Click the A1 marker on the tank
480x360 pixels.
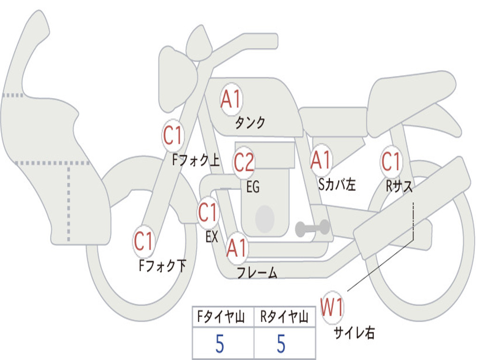[x=232, y=99]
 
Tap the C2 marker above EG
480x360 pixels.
[x=244, y=162]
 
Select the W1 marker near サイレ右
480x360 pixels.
[x=332, y=307]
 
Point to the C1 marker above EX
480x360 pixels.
[x=208, y=212]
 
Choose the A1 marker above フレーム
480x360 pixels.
[x=237, y=247]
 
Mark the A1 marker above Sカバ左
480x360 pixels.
[x=321, y=160]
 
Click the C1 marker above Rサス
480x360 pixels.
[x=391, y=161]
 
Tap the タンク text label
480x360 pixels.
[x=250, y=122]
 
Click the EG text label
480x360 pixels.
[x=253, y=187]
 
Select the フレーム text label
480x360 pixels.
[x=257, y=272]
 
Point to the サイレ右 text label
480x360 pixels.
[x=354, y=332]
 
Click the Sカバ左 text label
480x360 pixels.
[x=337, y=184]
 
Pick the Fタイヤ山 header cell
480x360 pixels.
[x=223, y=316]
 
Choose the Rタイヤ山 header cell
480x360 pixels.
[x=285, y=316]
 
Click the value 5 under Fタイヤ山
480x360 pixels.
[x=220, y=344]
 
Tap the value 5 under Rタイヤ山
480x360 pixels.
[x=281, y=344]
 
